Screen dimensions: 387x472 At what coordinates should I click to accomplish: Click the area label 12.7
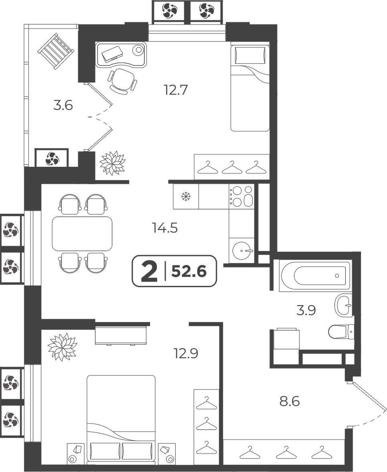(176, 90)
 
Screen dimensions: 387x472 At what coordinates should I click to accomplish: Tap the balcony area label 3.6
(63, 105)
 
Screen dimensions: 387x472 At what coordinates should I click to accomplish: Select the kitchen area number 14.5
(165, 228)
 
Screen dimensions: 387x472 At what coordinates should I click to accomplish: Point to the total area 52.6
(188, 271)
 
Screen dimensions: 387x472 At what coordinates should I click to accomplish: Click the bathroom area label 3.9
(306, 310)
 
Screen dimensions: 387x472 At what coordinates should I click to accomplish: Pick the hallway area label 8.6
(290, 401)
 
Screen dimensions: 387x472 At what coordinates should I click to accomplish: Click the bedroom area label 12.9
(186, 353)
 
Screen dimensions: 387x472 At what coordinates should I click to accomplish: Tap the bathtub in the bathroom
(315, 276)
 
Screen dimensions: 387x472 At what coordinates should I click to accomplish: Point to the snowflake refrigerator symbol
(186, 197)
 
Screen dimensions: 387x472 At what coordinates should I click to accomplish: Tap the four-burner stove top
(241, 196)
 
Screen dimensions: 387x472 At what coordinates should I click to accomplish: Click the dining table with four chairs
(82, 233)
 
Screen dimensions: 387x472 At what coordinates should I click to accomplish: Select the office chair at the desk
(122, 80)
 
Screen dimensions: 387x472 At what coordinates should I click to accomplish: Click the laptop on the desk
(112, 54)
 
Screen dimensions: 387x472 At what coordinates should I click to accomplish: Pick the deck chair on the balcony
(56, 51)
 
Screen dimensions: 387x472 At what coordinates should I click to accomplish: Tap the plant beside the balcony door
(112, 163)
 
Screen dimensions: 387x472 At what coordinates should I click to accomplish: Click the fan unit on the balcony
(52, 158)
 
